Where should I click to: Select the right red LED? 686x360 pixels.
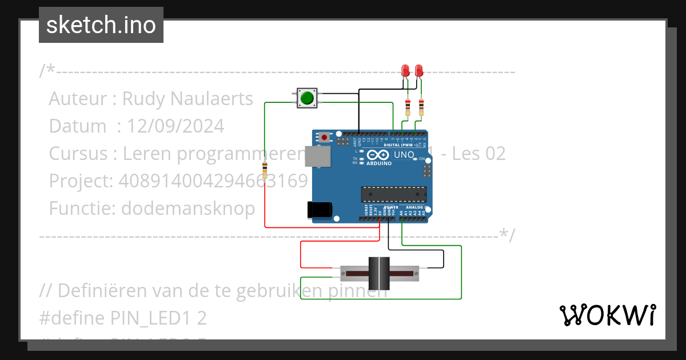click(x=419, y=70)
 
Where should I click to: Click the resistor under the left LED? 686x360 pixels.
click(x=407, y=107)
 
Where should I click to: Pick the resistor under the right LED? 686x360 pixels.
click(x=421, y=107)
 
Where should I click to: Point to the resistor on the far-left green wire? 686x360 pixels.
click(x=265, y=170)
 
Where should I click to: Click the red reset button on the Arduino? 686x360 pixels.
click(x=325, y=137)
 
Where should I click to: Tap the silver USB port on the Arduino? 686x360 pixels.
click(x=317, y=156)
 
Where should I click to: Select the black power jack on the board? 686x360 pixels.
click(x=319, y=210)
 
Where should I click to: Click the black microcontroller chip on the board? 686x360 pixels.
click(x=393, y=194)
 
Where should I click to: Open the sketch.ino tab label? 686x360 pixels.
click(x=101, y=25)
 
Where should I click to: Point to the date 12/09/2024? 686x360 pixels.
click(x=176, y=126)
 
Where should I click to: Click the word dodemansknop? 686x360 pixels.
click(x=188, y=209)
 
